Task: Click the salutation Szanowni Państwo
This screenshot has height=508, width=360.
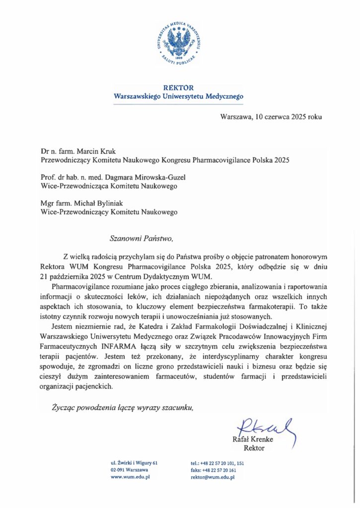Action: [x=141, y=238]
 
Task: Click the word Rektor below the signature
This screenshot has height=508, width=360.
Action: [x=254, y=448]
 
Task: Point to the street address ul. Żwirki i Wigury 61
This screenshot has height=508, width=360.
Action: [x=134, y=462]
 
